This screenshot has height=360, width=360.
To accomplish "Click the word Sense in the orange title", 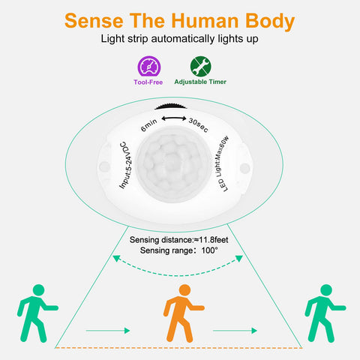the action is (94, 21).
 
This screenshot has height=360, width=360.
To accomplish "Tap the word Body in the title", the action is (270, 22).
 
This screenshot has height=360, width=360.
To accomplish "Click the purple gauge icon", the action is (149, 66).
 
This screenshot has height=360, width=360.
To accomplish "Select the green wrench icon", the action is (201, 66).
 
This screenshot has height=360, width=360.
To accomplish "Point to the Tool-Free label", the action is (148, 82).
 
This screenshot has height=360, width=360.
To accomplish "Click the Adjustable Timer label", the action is (200, 82).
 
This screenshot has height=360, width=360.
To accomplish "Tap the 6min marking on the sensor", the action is (149, 125).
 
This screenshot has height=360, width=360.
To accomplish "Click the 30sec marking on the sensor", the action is (198, 125).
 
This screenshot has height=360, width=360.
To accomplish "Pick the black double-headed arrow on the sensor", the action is (174, 118).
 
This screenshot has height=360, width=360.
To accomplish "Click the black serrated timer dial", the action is (171, 106).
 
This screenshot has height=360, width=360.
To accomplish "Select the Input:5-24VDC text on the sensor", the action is (126, 165).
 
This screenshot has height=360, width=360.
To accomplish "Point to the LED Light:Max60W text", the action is (221, 164).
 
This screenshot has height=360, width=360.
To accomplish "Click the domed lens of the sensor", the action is (172, 164).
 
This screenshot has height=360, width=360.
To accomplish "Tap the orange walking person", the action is (182, 313).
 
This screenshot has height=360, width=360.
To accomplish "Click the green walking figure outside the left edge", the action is (37, 313).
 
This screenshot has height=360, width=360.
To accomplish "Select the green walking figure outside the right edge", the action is (324, 313).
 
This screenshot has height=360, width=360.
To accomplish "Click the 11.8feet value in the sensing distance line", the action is (213, 240).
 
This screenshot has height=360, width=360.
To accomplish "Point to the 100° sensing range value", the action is (210, 250).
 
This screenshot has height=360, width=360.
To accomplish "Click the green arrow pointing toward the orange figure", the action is (108, 331).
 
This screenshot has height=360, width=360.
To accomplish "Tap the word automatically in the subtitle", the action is (183, 39).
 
